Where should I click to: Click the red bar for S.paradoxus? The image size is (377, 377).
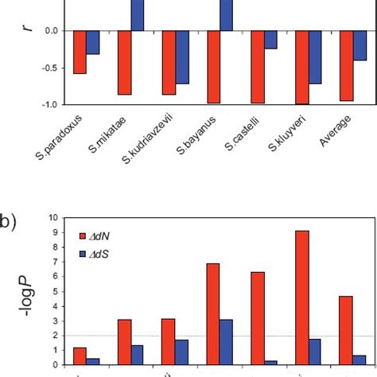click(80, 52)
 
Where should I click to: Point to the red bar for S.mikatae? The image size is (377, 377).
click(124, 62)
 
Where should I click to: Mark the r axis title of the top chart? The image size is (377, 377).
click(29, 30)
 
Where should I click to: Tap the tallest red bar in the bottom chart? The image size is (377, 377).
click(302, 297)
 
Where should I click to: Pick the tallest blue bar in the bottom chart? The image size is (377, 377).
click(227, 342)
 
